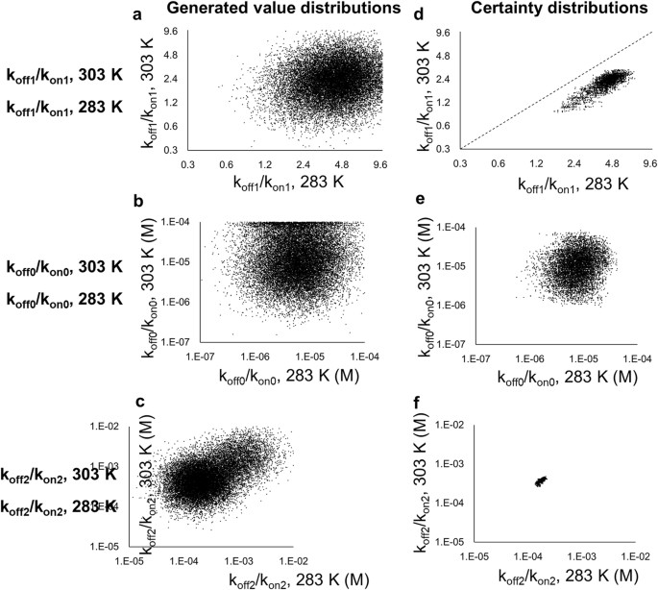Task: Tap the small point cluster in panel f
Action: tap(541, 480)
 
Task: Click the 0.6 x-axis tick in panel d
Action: tap(498, 163)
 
